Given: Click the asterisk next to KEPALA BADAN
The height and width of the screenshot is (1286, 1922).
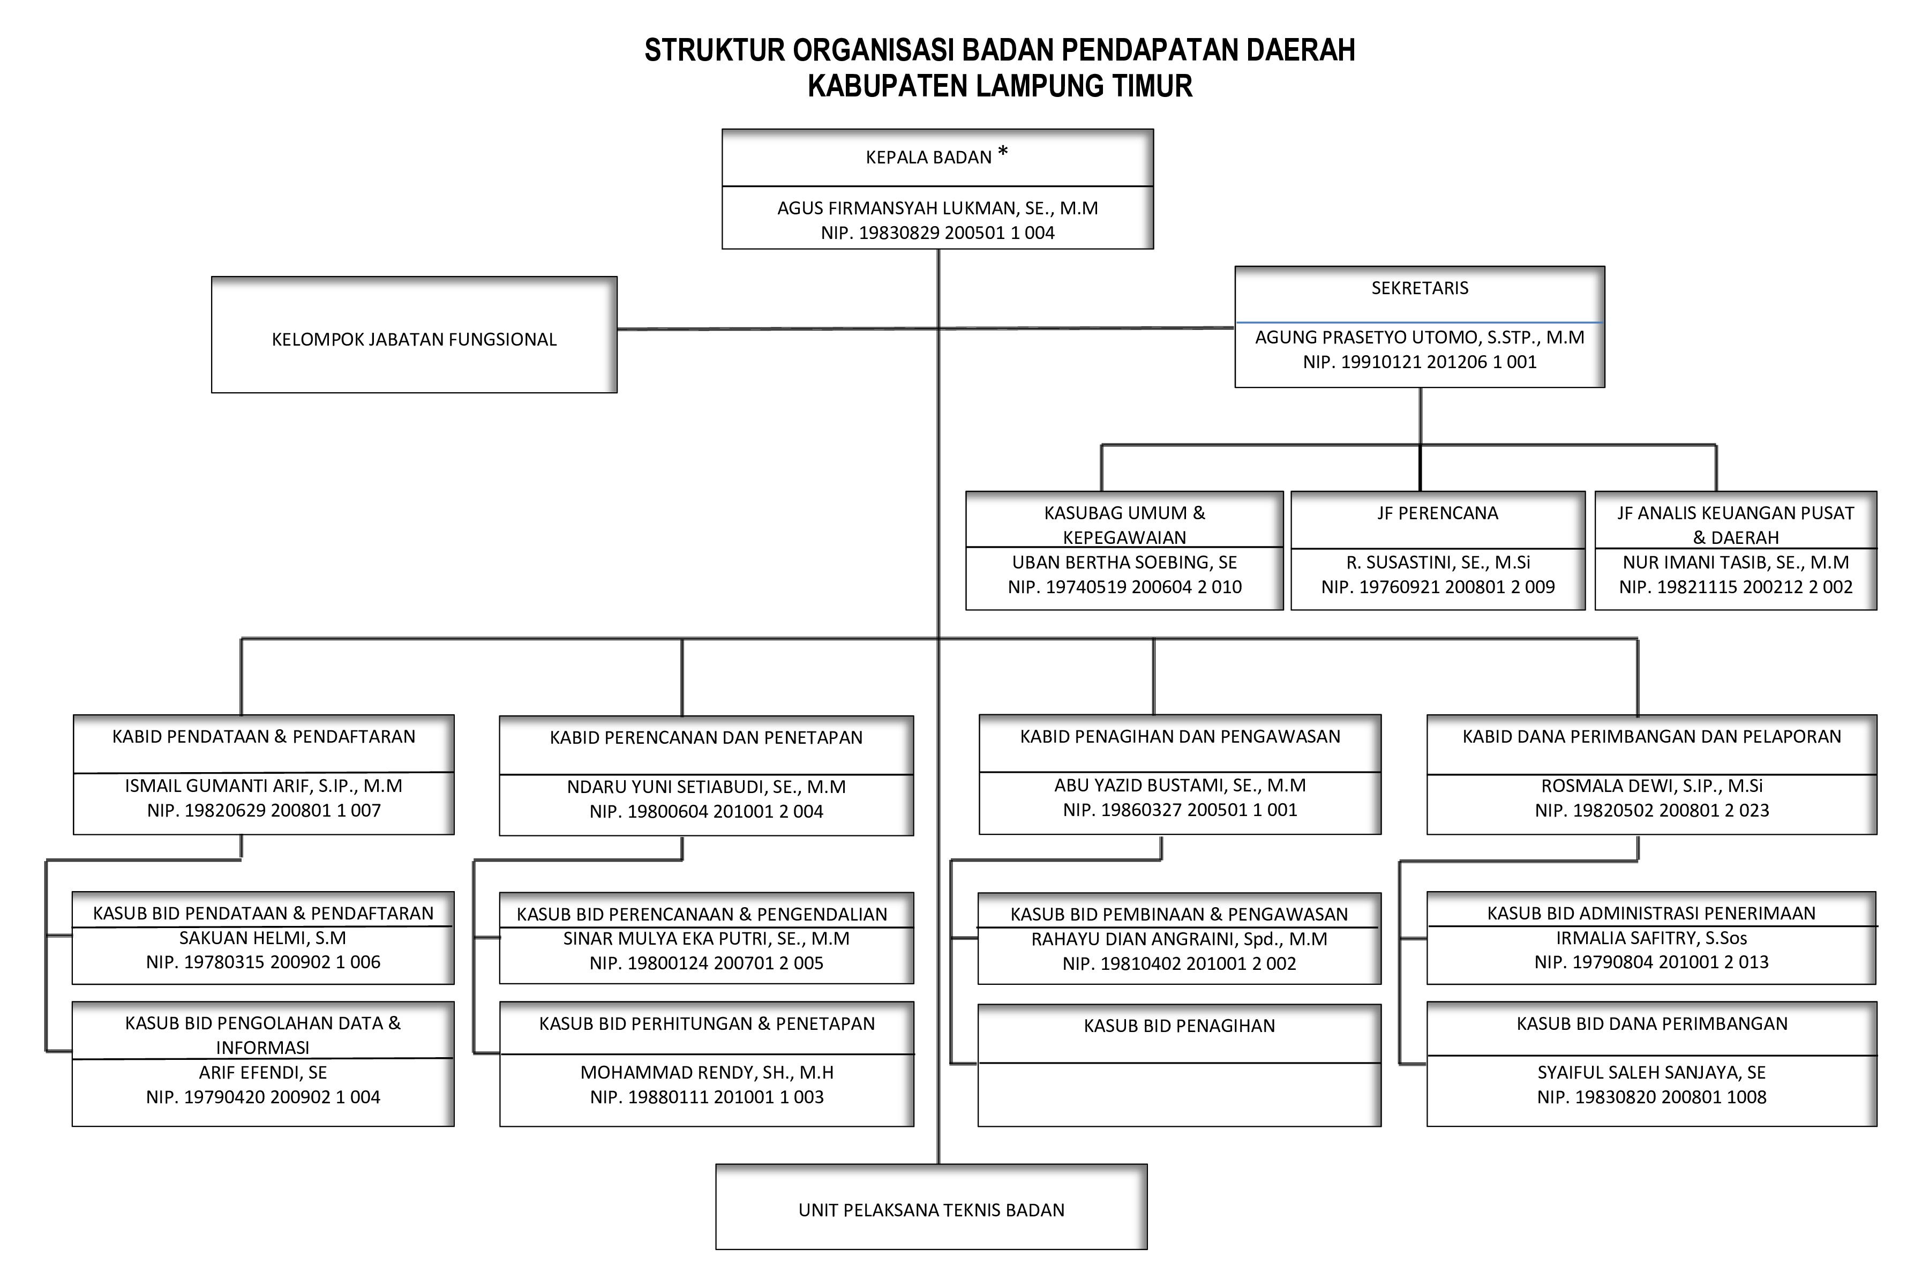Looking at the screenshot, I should (x=1002, y=153).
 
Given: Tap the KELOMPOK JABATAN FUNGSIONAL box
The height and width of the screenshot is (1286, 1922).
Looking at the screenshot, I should (x=414, y=339).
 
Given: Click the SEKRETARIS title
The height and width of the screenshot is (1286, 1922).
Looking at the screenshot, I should (x=1420, y=288).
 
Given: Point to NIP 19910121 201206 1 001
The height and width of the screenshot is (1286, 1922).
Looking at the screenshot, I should (x=1420, y=362).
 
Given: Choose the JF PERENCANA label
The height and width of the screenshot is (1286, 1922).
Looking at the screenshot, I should (x=1437, y=513).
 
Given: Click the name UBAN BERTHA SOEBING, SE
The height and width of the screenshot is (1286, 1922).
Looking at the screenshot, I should (x=1124, y=563).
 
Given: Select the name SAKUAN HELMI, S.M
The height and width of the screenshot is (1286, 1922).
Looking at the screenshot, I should (x=262, y=937).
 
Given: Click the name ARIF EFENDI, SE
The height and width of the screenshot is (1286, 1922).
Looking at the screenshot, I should (x=262, y=1072).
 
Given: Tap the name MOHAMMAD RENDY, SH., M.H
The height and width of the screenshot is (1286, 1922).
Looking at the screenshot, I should (x=706, y=1072).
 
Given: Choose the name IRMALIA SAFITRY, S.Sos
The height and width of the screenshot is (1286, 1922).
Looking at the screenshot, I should (x=1651, y=937).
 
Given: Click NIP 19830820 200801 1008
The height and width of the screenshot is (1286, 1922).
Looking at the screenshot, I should (x=1651, y=1096).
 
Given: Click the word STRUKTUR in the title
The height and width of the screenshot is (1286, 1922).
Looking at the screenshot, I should (x=714, y=51).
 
